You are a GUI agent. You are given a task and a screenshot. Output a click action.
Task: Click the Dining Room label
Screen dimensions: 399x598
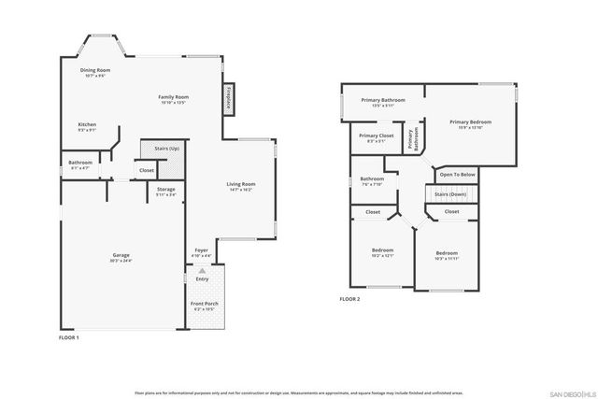coord(96,70)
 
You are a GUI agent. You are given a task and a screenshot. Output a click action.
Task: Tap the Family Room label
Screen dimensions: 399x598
coord(173,97)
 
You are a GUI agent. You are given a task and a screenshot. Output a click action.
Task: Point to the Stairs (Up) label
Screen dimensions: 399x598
coord(154,150)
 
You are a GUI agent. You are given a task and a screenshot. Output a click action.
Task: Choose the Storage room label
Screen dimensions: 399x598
coord(165,190)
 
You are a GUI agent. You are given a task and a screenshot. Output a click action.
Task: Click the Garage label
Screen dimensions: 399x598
coord(121,256)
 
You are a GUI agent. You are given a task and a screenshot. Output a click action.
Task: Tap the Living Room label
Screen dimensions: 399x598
coord(241,184)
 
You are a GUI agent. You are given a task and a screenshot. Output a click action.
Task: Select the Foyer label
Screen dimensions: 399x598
coord(201,250)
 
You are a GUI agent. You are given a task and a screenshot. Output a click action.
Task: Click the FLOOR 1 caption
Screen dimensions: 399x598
coord(69,336)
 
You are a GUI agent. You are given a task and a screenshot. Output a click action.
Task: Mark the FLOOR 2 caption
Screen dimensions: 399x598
coord(349,299)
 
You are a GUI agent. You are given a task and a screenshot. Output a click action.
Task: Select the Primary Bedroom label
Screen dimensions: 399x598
coord(470,121)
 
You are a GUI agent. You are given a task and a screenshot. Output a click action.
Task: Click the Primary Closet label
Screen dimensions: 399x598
coord(376,135)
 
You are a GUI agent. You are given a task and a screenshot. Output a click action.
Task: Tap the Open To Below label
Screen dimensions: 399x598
coord(458,174)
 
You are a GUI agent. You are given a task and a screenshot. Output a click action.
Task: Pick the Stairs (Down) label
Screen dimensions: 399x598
coord(451,194)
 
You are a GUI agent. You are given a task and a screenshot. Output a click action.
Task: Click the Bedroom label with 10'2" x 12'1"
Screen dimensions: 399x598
coord(383,250)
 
